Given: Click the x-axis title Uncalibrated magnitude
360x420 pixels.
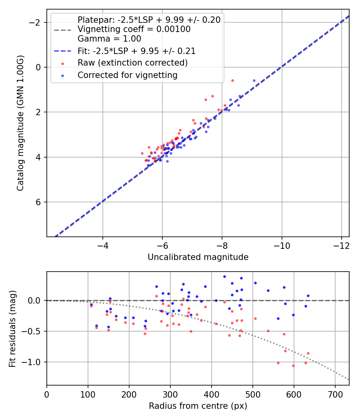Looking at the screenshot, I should coord(198,257).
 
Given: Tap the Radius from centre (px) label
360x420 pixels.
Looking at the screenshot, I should coord(198,406).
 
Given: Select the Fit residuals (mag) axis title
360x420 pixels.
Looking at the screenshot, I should coord(12,328).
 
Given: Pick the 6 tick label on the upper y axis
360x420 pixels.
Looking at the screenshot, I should coord(39,202).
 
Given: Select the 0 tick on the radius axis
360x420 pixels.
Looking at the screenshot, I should coord(47,394).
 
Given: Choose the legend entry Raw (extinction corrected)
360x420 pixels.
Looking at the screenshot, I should coord(132,63).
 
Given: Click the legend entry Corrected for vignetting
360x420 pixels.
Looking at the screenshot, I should coord(128,75).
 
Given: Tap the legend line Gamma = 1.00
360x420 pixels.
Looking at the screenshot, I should coord(109,39).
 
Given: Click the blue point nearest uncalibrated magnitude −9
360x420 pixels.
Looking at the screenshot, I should coord(254,80).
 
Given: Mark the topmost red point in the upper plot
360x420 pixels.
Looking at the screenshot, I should coord(232,80).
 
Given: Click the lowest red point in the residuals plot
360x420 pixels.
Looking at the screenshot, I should coord(293,366).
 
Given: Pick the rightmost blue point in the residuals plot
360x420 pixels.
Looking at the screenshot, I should coord(308,296).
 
